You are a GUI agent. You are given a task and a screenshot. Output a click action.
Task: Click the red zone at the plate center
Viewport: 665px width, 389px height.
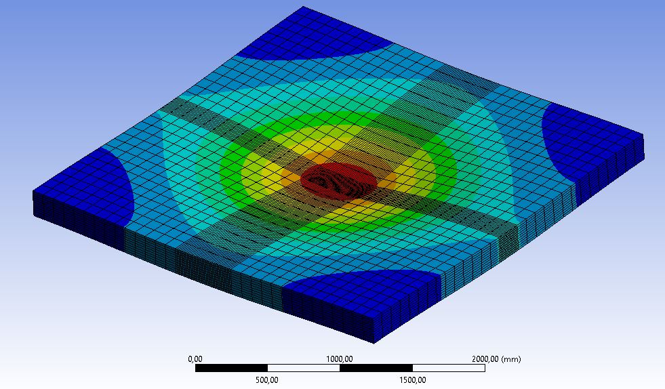338,181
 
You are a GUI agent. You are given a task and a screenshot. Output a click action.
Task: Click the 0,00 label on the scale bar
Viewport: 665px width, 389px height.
195,359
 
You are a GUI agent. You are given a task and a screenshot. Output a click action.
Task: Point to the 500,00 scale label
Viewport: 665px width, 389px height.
267,380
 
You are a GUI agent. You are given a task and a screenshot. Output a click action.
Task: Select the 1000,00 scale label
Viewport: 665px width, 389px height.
340,359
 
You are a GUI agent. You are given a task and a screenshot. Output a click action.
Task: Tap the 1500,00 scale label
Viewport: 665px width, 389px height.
412,380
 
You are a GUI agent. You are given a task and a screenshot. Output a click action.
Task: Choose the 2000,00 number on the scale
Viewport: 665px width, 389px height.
485,359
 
